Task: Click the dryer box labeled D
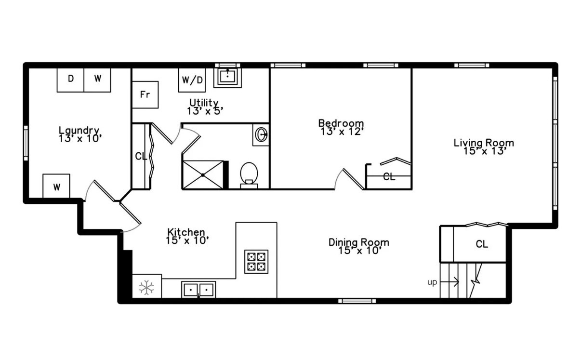71,79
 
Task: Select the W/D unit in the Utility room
191,80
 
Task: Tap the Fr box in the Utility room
145,94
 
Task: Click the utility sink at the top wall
227,76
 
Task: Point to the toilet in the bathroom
249,174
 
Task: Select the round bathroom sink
261,134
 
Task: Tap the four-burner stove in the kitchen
256,262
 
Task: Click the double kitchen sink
198,290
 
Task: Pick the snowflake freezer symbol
146,288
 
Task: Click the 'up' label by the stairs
432,282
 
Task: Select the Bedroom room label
341,122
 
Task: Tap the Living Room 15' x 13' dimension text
483,151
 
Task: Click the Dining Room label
358,242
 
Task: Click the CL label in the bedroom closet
389,177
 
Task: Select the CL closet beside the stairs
481,244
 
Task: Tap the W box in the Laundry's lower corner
56,187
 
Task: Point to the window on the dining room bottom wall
357,301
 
